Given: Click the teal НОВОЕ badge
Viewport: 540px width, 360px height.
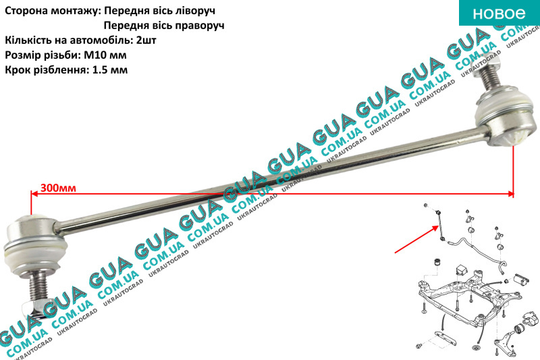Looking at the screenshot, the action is tap(500, 13).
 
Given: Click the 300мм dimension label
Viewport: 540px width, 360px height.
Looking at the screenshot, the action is tap(58, 188).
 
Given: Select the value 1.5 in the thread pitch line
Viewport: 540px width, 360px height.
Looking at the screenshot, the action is tap(99, 70).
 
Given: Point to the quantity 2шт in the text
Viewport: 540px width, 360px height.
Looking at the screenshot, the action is tap(146, 41).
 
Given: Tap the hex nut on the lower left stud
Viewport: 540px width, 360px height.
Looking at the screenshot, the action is tap(32, 308).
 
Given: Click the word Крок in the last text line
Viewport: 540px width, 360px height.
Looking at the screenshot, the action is tap(16, 70).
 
